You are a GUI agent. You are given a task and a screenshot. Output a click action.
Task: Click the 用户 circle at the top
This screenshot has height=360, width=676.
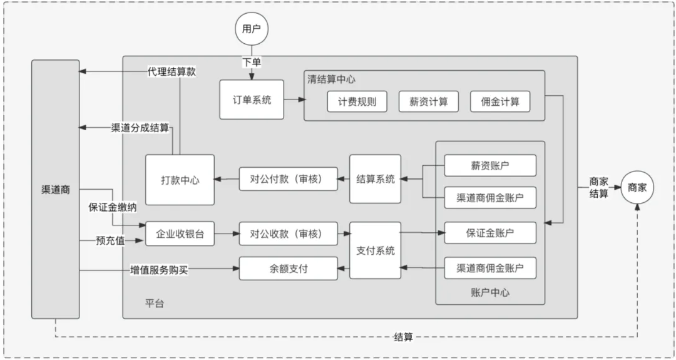(x=251, y=29)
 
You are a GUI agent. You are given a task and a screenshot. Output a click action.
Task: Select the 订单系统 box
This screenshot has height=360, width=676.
(x=251, y=100)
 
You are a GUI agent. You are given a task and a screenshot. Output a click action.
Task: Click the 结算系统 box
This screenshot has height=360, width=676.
(x=375, y=179)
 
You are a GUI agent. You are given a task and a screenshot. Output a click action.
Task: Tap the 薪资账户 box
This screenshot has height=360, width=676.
(x=490, y=166)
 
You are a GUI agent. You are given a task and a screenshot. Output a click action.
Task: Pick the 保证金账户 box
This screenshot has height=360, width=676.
(x=490, y=233)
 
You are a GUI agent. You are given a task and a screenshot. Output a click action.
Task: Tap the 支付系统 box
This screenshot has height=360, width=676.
(x=375, y=250)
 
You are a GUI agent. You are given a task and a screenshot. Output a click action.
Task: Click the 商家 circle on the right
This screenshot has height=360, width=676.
(x=637, y=187)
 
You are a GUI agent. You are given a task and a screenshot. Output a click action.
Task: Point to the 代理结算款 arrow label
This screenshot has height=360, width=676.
(x=171, y=72)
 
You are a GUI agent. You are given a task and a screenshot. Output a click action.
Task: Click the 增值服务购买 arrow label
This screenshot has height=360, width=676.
(x=159, y=270)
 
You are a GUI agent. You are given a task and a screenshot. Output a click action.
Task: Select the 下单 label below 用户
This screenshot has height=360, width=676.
(x=251, y=63)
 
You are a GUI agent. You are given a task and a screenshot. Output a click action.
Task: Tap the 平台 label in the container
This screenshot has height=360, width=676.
(x=155, y=303)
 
